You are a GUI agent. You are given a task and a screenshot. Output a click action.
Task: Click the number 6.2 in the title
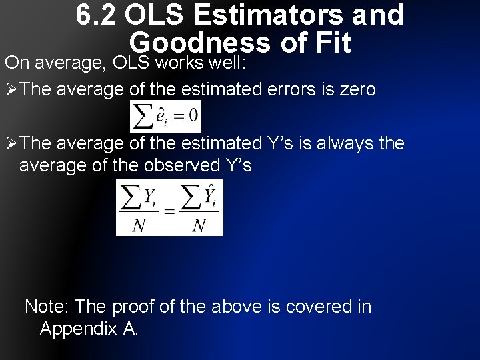93,15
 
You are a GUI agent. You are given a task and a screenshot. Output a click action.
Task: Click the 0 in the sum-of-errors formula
193,116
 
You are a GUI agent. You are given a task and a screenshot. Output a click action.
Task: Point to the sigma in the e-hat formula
143,117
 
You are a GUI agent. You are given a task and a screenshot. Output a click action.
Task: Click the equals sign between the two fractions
169,211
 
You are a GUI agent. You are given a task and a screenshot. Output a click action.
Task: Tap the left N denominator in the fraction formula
139,225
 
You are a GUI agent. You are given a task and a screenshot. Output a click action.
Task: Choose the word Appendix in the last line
78,329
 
